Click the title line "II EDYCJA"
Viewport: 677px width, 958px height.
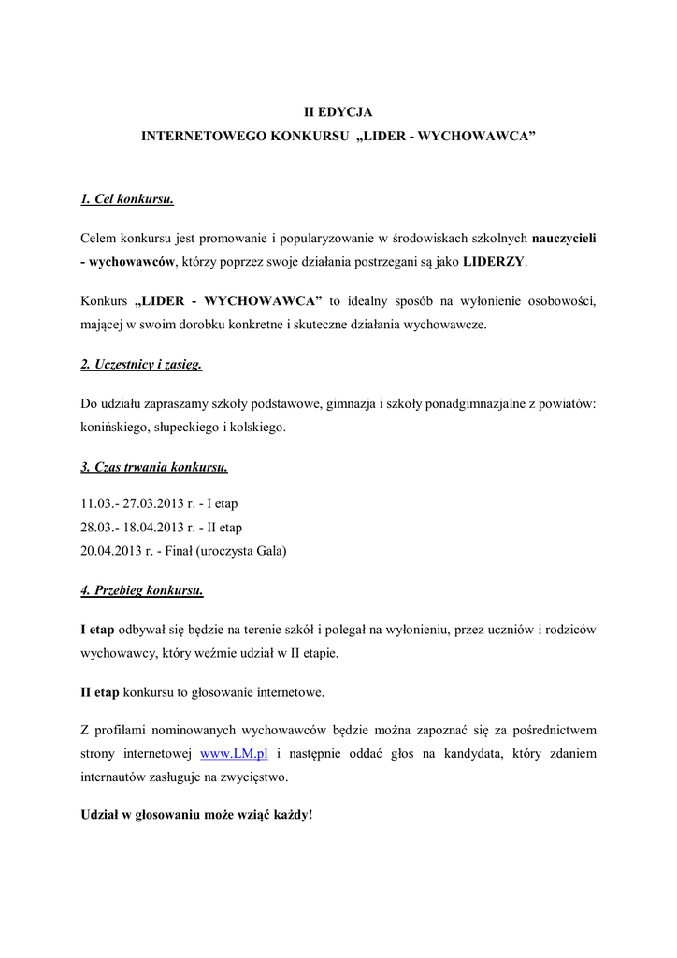click(x=338, y=111)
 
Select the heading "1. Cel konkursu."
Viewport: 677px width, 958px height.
click(x=127, y=199)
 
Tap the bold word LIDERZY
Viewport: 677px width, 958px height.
click(x=494, y=262)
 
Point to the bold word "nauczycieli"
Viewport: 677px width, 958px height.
click(x=564, y=238)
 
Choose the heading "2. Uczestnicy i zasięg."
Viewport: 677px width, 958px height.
click(x=141, y=364)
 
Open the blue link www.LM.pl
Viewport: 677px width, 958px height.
click(x=228, y=753)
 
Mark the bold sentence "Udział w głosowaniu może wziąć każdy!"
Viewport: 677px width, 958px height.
click(x=197, y=814)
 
